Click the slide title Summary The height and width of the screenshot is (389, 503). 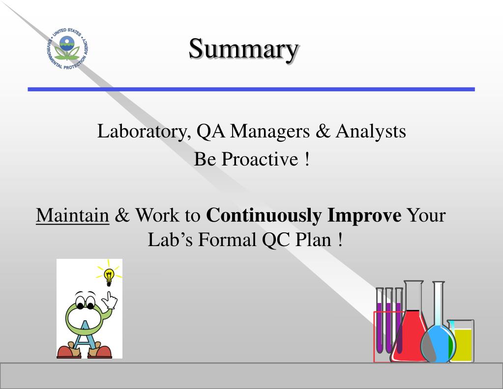[x=243, y=49]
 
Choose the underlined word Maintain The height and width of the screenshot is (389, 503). [x=73, y=216]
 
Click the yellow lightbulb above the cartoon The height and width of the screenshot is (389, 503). [x=109, y=277]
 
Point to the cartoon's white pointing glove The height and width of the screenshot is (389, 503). [x=112, y=300]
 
